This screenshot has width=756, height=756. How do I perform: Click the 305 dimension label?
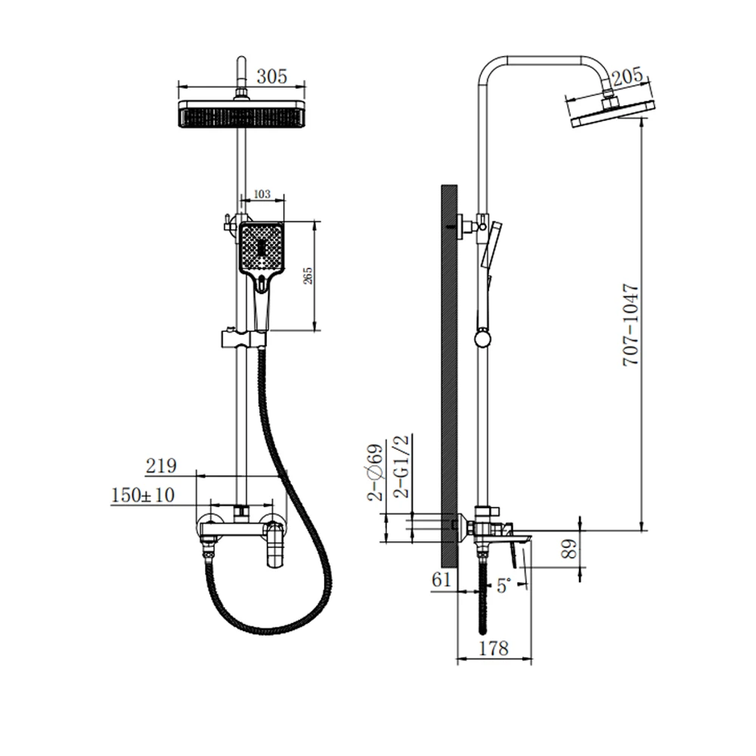click(271, 76)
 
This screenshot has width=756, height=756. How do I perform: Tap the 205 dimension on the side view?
click(627, 76)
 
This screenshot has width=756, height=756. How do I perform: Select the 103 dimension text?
click(262, 194)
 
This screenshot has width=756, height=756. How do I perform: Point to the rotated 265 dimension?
click(308, 276)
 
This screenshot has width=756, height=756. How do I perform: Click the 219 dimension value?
click(161, 466)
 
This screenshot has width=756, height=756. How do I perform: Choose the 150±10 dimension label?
click(143, 495)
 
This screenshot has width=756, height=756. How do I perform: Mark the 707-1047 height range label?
click(631, 325)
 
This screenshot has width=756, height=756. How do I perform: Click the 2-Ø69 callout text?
click(375, 473)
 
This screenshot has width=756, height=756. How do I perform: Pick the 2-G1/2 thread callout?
click(401, 466)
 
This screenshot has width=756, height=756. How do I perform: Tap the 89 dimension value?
click(569, 549)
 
